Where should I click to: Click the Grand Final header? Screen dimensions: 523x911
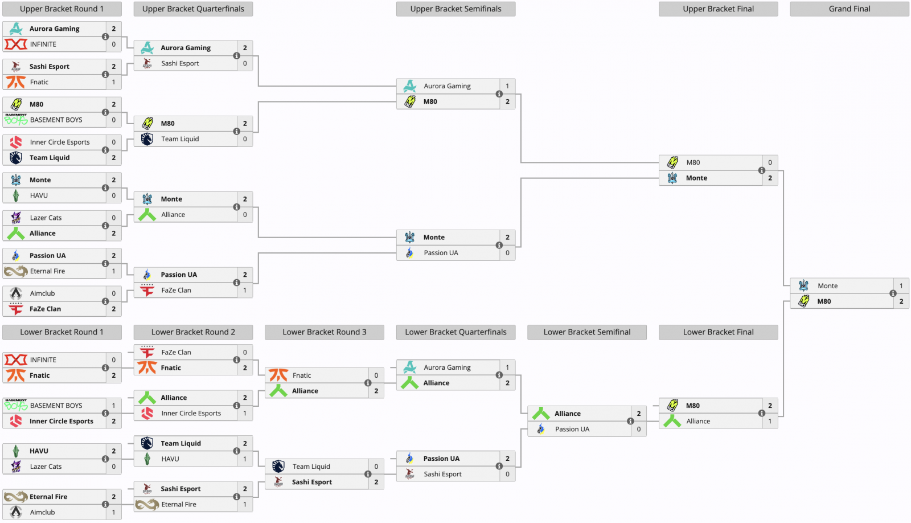pos(849,9)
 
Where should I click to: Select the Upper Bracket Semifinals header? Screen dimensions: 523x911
pos(455,9)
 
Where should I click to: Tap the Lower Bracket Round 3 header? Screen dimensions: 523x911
pos(324,332)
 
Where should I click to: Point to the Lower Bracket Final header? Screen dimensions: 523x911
pos(718,332)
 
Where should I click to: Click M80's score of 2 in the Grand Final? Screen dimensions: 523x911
pos(901,301)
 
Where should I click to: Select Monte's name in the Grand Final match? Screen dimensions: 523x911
pos(827,286)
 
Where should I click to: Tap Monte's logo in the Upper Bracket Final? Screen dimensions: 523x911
pos(672,178)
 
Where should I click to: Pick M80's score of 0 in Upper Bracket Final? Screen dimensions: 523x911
pos(770,162)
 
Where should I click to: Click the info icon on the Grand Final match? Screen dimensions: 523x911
pos(893,293)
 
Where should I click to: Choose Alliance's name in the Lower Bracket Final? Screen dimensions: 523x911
pos(698,421)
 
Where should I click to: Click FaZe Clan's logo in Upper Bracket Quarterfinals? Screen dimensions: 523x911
pos(147,290)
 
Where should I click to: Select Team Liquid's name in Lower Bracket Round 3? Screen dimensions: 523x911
pos(311,467)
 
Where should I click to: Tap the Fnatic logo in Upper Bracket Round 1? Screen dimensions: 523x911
pos(16,82)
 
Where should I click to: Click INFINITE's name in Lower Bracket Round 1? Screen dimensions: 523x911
pos(43,360)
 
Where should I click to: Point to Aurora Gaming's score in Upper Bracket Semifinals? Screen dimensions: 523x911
pos(507,86)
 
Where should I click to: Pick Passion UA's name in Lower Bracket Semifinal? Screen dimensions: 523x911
pos(572,429)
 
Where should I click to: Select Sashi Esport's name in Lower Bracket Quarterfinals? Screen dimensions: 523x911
pos(442,474)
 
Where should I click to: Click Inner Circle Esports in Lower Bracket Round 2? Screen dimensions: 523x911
pos(191,414)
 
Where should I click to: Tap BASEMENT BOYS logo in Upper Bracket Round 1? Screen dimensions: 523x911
pos(16,120)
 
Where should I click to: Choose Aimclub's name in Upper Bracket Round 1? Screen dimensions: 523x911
pos(42,293)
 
